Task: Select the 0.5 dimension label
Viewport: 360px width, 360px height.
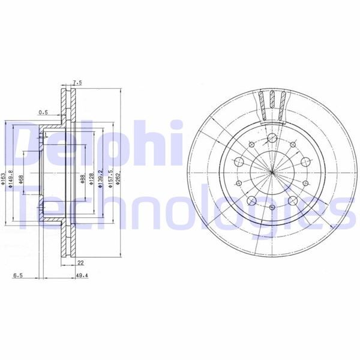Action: click(x=43, y=112)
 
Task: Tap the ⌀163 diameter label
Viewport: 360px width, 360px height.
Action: click(x=4, y=179)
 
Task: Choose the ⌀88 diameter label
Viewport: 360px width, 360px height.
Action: click(x=82, y=179)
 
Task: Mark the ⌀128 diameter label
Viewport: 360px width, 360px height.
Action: click(x=91, y=179)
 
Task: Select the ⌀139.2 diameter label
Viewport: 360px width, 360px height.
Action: click(x=101, y=179)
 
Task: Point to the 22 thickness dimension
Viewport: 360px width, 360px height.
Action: click(x=80, y=262)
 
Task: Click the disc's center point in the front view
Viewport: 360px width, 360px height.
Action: click(x=272, y=174)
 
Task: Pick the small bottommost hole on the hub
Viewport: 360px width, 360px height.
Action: click(x=272, y=207)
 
